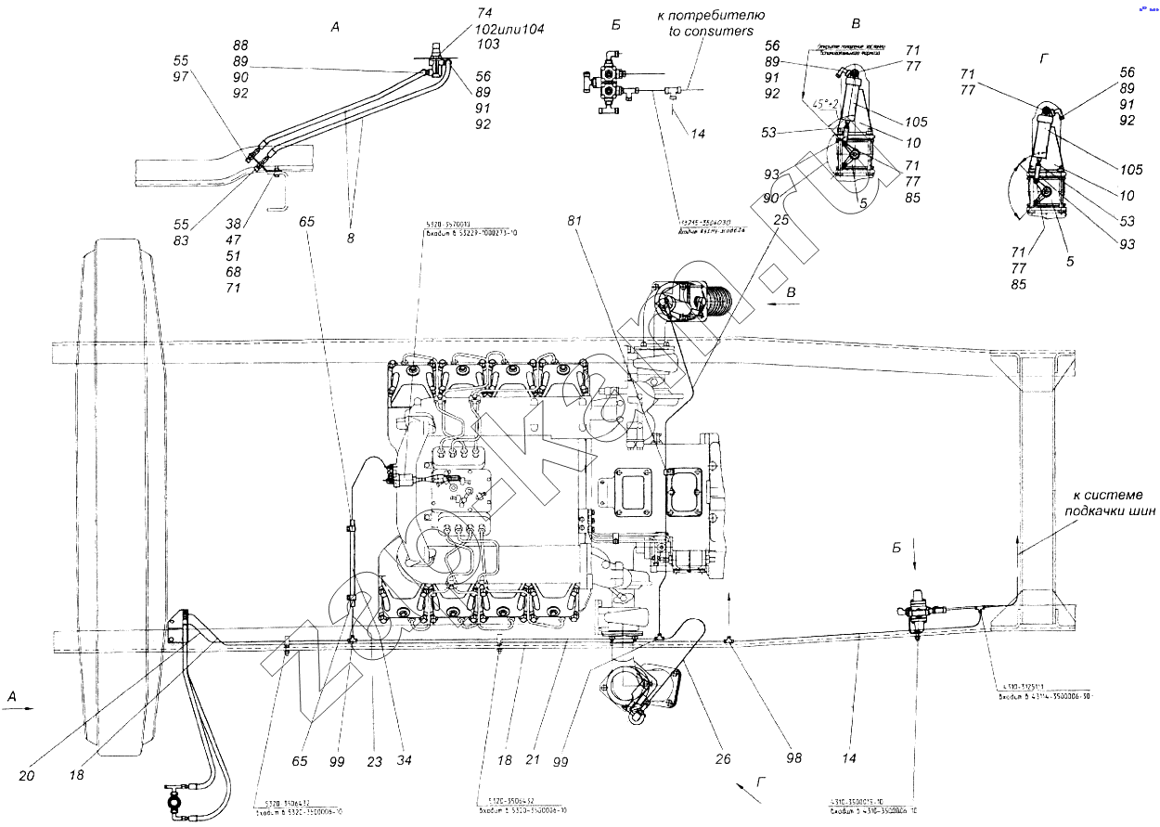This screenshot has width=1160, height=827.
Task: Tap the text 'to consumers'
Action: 710,31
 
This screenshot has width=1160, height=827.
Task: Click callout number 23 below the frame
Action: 373,760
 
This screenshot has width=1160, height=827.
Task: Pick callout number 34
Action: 403,760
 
